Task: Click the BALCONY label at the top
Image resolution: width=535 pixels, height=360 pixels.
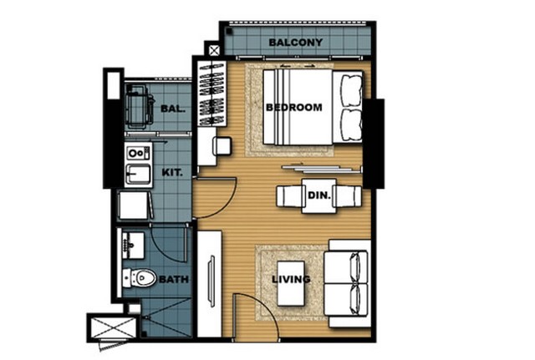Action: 295,43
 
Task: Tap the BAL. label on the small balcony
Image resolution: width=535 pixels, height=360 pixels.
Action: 173,109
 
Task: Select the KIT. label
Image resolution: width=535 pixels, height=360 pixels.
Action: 172,173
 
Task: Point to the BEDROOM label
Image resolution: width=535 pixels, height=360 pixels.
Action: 293,108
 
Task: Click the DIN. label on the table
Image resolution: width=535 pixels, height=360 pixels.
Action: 319,195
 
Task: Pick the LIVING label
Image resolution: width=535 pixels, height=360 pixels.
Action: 291,279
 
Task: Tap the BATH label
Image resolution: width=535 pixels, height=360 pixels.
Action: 174,280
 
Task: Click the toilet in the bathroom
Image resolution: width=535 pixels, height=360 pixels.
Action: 140,277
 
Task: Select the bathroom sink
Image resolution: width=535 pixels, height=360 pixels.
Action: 133,246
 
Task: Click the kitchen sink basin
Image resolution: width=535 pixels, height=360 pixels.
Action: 138,174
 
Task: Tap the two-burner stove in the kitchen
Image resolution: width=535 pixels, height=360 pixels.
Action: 138,153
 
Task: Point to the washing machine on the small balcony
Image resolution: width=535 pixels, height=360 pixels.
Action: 138,106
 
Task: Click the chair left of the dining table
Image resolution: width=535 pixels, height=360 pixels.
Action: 291,196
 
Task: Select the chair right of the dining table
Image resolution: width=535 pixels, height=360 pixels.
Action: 347,196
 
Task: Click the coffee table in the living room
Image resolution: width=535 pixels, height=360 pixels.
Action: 291,284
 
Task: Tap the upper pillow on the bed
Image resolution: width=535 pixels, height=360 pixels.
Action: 352,90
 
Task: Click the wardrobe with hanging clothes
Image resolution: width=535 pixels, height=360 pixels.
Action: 212,94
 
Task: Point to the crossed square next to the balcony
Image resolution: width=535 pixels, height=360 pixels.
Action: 214,51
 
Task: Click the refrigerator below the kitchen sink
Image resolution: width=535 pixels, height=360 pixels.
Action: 134,205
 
